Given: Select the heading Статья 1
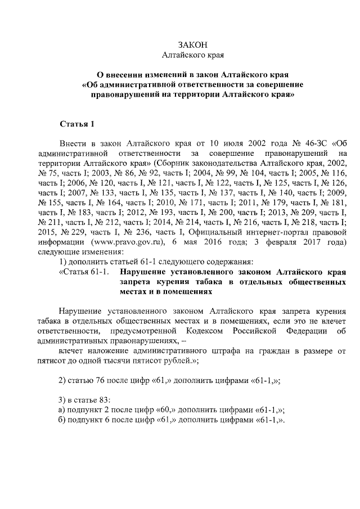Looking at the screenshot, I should pyautogui.click(x=78, y=123).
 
